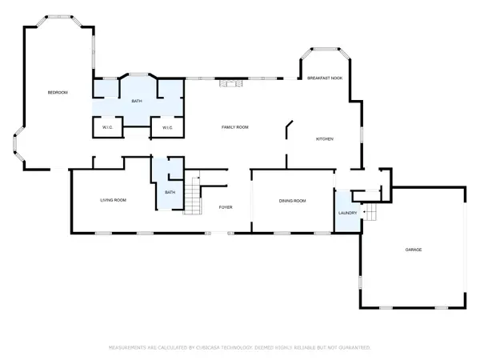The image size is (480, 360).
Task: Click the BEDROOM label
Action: [57, 94]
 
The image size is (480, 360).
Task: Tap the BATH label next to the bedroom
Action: [137, 102]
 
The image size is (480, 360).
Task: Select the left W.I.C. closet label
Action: [106, 128]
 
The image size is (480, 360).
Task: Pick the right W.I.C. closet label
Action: [168, 128]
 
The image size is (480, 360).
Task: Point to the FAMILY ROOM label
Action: [235, 127]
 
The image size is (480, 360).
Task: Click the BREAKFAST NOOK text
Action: [326, 78]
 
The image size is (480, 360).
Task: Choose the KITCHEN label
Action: [324, 139]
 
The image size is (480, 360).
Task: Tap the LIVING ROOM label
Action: [114, 200]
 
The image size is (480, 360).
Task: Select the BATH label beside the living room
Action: [170, 193]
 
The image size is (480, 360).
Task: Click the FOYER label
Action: [226, 207]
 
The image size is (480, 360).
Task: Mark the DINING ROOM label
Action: [293, 201]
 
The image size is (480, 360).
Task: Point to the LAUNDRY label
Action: [347, 213]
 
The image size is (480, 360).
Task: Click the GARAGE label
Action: [413, 250]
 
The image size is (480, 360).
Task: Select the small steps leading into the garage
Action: [370, 212]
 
